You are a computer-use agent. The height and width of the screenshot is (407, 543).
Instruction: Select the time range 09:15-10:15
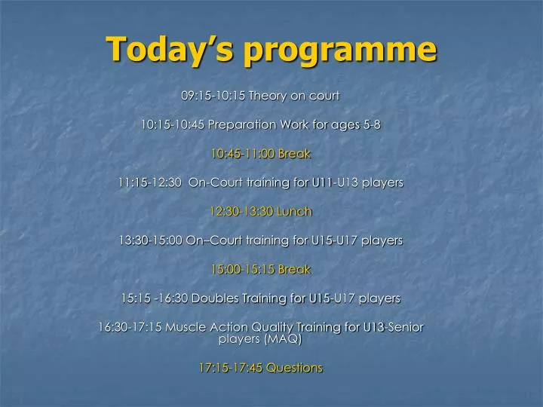click(213, 96)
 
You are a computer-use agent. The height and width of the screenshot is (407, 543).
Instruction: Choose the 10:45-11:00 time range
click(243, 154)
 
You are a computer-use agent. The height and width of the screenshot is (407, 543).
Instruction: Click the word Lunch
click(293, 212)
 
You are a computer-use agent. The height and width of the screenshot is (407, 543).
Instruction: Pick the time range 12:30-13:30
click(242, 212)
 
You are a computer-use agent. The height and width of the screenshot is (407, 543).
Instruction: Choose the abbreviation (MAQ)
click(281, 339)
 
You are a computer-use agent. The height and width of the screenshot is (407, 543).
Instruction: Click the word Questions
click(293, 368)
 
